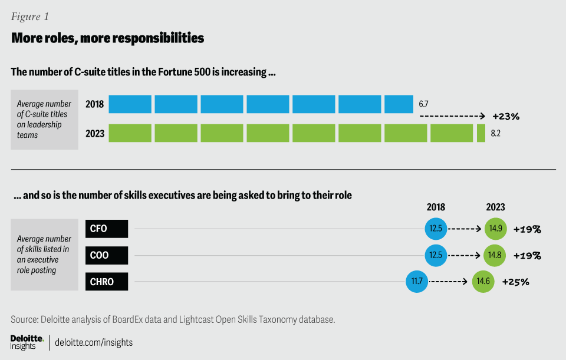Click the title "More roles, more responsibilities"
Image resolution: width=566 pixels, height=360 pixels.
point(107,38)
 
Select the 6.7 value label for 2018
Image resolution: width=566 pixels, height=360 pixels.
point(423,104)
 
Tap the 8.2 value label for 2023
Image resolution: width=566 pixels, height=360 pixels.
point(496,134)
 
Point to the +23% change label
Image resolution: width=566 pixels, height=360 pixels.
point(506,117)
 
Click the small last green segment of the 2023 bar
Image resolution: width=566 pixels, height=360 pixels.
point(481,133)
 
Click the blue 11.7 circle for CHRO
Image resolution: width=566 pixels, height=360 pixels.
point(417,282)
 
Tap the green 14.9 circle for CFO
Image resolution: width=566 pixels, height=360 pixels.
point(495,229)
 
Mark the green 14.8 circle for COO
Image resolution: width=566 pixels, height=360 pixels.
point(495,255)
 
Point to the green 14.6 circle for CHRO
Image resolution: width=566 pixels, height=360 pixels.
point(483,282)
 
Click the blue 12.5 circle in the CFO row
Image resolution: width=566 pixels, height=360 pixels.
point(436,229)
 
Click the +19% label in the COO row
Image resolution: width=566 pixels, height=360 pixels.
point(527,256)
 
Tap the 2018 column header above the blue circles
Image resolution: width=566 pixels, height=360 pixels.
point(436,207)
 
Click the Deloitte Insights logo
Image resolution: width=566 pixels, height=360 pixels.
point(27,342)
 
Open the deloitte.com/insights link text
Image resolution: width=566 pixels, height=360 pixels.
point(94,342)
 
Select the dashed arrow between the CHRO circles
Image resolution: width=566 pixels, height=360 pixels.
point(450,282)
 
